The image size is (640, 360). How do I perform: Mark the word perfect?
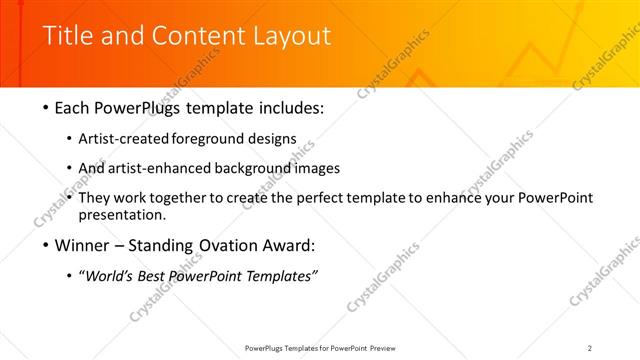(x=331, y=198)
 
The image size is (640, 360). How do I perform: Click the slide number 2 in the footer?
(x=590, y=348)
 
